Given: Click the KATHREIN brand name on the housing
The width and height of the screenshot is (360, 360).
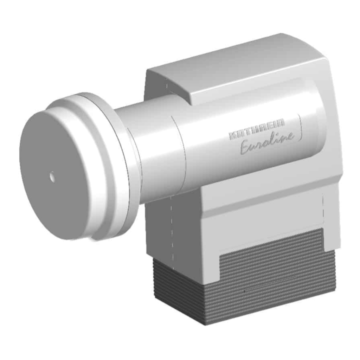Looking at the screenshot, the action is click(257, 130).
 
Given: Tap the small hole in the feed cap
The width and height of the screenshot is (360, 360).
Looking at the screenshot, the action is click(53, 176).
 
